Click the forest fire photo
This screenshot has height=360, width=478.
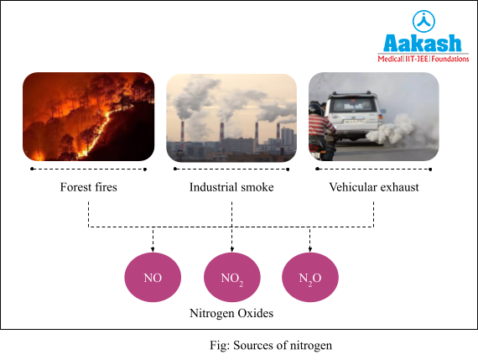(x=88, y=117)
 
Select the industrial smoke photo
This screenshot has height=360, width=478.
(x=231, y=117)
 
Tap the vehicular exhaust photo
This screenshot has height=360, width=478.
(x=373, y=117)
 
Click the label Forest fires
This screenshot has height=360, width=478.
(x=88, y=187)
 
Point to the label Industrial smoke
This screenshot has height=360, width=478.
(x=231, y=187)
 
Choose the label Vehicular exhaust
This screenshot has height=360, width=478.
(x=373, y=187)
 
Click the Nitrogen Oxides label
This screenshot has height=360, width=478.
(x=231, y=313)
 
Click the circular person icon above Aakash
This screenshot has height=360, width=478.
(x=423, y=19)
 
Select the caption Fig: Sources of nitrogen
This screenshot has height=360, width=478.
(x=276, y=345)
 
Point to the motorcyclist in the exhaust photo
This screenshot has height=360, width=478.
(x=321, y=126)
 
